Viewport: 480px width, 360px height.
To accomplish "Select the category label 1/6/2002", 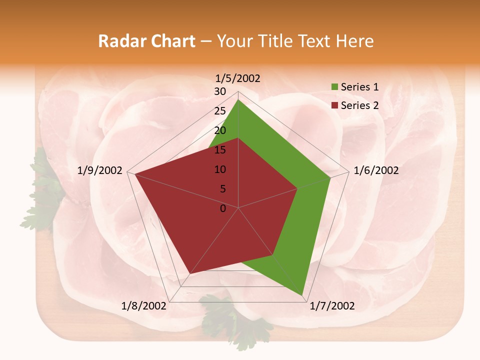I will pyautogui.click(x=376, y=170).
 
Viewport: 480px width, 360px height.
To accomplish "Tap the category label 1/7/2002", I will pyautogui.click(x=332, y=306).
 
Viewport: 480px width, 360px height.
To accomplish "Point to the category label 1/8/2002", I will pyautogui.click(x=144, y=306).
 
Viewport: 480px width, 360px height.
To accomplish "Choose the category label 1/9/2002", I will pyautogui.click(x=100, y=170).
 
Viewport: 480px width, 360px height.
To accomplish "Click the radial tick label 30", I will pyautogui.click(x=220, y=91).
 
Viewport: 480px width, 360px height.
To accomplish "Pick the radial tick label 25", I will pyautogui.click(x=220, y=111).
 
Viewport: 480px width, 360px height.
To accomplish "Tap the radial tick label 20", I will pyautogui.click(x=220, y=130).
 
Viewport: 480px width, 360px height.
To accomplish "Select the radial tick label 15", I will pyautogui.click(x=220, y=150).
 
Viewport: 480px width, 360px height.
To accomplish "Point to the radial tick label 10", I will pyautogui.click(x=220, y=169).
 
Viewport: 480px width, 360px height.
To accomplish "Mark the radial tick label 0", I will pyautogui.click(x=223, y=208).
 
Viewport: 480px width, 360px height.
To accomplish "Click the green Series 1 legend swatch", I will pyautogui.click(x=334, y=87).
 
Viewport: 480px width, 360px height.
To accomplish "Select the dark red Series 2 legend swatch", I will pyautogui.click(x=334, y=105).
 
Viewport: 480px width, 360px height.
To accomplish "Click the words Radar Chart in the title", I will pyautogui.click(x=146, y=41).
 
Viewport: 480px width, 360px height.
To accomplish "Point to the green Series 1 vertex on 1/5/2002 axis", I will pyautogui.click(x=238, y=100).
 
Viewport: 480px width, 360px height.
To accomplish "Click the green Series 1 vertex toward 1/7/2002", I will pyautogui.click(x=302, y=295).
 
